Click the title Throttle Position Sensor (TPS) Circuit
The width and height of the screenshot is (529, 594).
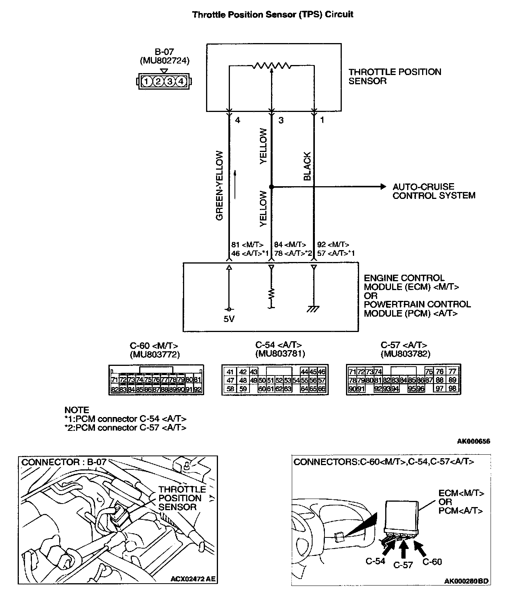273,15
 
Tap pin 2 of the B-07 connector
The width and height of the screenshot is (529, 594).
158,81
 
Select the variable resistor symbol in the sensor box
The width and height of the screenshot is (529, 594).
271,66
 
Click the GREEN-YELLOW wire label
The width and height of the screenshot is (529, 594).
220,185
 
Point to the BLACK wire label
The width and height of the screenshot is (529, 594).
307,166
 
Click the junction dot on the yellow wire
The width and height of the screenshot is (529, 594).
271,187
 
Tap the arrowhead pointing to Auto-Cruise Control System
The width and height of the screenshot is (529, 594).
383,187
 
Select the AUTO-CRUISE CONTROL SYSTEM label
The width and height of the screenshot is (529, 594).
434,191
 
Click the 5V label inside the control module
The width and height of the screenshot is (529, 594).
229,319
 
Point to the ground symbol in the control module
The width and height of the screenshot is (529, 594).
314,309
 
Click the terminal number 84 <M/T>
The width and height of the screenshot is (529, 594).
289,245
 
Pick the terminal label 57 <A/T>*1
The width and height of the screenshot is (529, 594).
336,253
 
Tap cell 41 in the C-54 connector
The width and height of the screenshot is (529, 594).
230,372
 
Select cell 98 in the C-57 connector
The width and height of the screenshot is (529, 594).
452,389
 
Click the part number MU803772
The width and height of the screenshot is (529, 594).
155,354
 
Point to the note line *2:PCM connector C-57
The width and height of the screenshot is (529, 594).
125,427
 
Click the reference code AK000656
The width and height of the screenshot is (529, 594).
474,441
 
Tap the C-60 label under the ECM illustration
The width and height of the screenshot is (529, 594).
432,562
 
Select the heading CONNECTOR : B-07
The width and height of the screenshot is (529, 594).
64,462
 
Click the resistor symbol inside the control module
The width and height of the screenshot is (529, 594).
271,294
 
